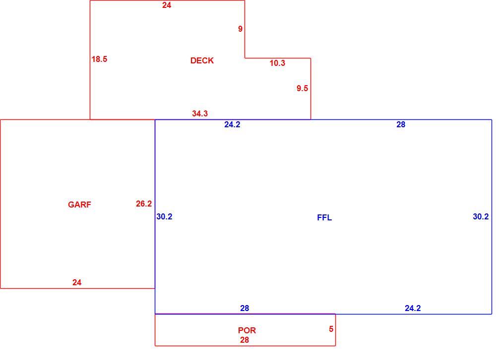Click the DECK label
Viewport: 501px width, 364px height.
pyautogui.click(x=202, y=60)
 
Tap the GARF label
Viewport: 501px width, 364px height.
pyautogui.click(x=79, y=205)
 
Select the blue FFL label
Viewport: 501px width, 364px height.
pyautogui.click(x=324, y=217)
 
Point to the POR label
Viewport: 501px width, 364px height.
pyautogui.click(x=247, y=330)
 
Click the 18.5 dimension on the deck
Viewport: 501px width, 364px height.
pyautogui.click(x=99, y=59)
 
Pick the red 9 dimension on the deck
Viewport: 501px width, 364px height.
pyautogui.click(x=240, y=29)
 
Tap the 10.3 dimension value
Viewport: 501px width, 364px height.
pyautogui.click(x=277, y=63)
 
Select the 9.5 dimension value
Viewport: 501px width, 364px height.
pyautogui.click(x=302, y=88)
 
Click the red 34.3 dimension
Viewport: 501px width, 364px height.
pyautogui.click(x=200, y=113)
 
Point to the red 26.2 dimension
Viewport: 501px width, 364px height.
pyautogui.click(x=144, y=204)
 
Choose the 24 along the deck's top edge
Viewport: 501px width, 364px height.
pyautogui.click(x=167, y=5)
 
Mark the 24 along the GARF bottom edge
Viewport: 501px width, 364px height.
pyautogui.click(x=77, y=283)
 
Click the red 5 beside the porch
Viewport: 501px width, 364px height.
pyautogui.click(x=331, y=329)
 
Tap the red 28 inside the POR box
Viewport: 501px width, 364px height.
pyautogui.click(x=245, y=340)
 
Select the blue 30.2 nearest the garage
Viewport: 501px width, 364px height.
pyautogui.click(x=164, y=217)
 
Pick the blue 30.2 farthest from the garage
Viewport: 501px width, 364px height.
pyautogui.click(x=481, y=217)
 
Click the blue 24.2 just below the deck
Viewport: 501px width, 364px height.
pyautogui.click(x=232, y=125)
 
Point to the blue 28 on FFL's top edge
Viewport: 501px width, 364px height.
pyautogui.click(x=401, y=125)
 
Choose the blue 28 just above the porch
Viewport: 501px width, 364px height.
pyautogui.click(x=245, y=309)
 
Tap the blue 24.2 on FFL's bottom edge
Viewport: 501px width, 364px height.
pyautogui.click(x=413, y=309)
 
